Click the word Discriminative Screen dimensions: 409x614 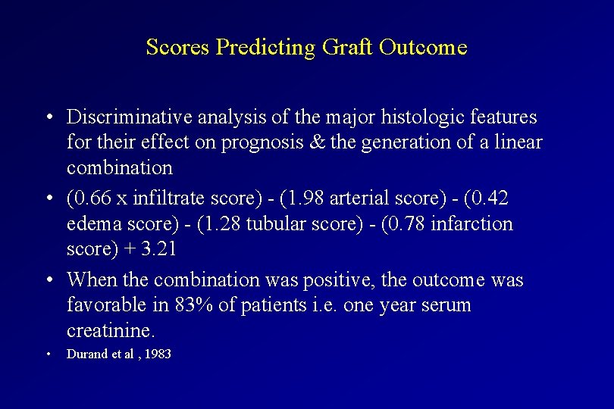click(130, 117)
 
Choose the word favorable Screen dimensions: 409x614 click(105, 306)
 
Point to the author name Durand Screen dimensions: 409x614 click(88, 354)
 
